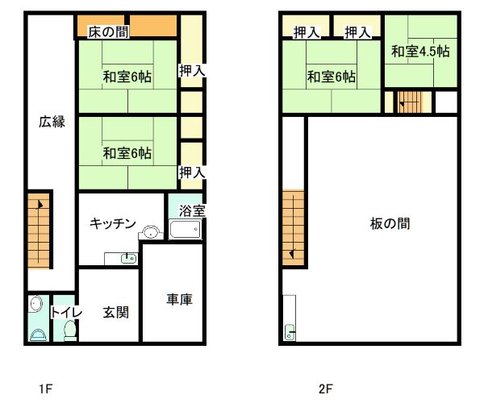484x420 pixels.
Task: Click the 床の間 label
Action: (108, 32)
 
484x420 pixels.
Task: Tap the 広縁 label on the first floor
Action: (52, 122)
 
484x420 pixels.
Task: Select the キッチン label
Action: (113, 223)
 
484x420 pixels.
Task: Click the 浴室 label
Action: (192, 211)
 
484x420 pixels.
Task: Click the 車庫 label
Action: (180, 299)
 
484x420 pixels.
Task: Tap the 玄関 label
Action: (115, 313)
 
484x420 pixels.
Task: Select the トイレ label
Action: (67, 312)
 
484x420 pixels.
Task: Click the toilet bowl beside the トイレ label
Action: (70, 331)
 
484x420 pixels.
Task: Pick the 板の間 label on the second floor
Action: (390, 223)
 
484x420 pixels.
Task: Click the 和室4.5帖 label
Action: (420, 51)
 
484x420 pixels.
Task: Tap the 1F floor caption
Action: (46, 389)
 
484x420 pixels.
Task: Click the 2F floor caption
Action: (326, 389)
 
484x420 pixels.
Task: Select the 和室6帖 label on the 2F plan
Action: (332, 77)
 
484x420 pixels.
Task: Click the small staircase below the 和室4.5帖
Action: (410, 102)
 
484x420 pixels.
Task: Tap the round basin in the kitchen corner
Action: (151, 232)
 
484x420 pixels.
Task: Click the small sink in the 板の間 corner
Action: (290, 332)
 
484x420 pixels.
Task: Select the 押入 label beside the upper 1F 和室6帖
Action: (192, 71)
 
